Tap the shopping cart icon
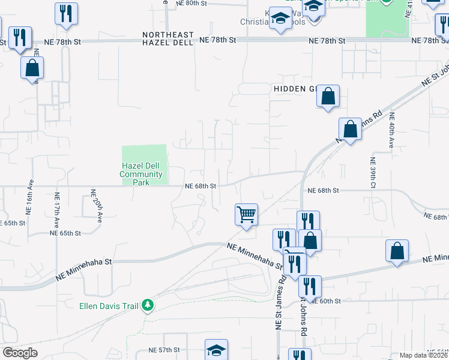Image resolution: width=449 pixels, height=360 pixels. [x=247, y=214]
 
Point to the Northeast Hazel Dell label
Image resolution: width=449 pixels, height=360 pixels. [x=168, y=39]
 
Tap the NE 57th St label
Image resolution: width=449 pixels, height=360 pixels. [x=164, y=350]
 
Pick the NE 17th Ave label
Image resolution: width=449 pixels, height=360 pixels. [x=57, y=208]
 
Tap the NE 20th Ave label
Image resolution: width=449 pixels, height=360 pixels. [x=95, y=205]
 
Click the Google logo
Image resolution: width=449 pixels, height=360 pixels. [x=20, y=353]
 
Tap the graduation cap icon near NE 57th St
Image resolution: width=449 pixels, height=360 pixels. [x=217, y=350]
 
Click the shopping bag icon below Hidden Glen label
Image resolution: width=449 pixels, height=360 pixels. [x=328, y=96]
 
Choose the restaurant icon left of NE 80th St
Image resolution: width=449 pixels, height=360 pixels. [x=66, y=13]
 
